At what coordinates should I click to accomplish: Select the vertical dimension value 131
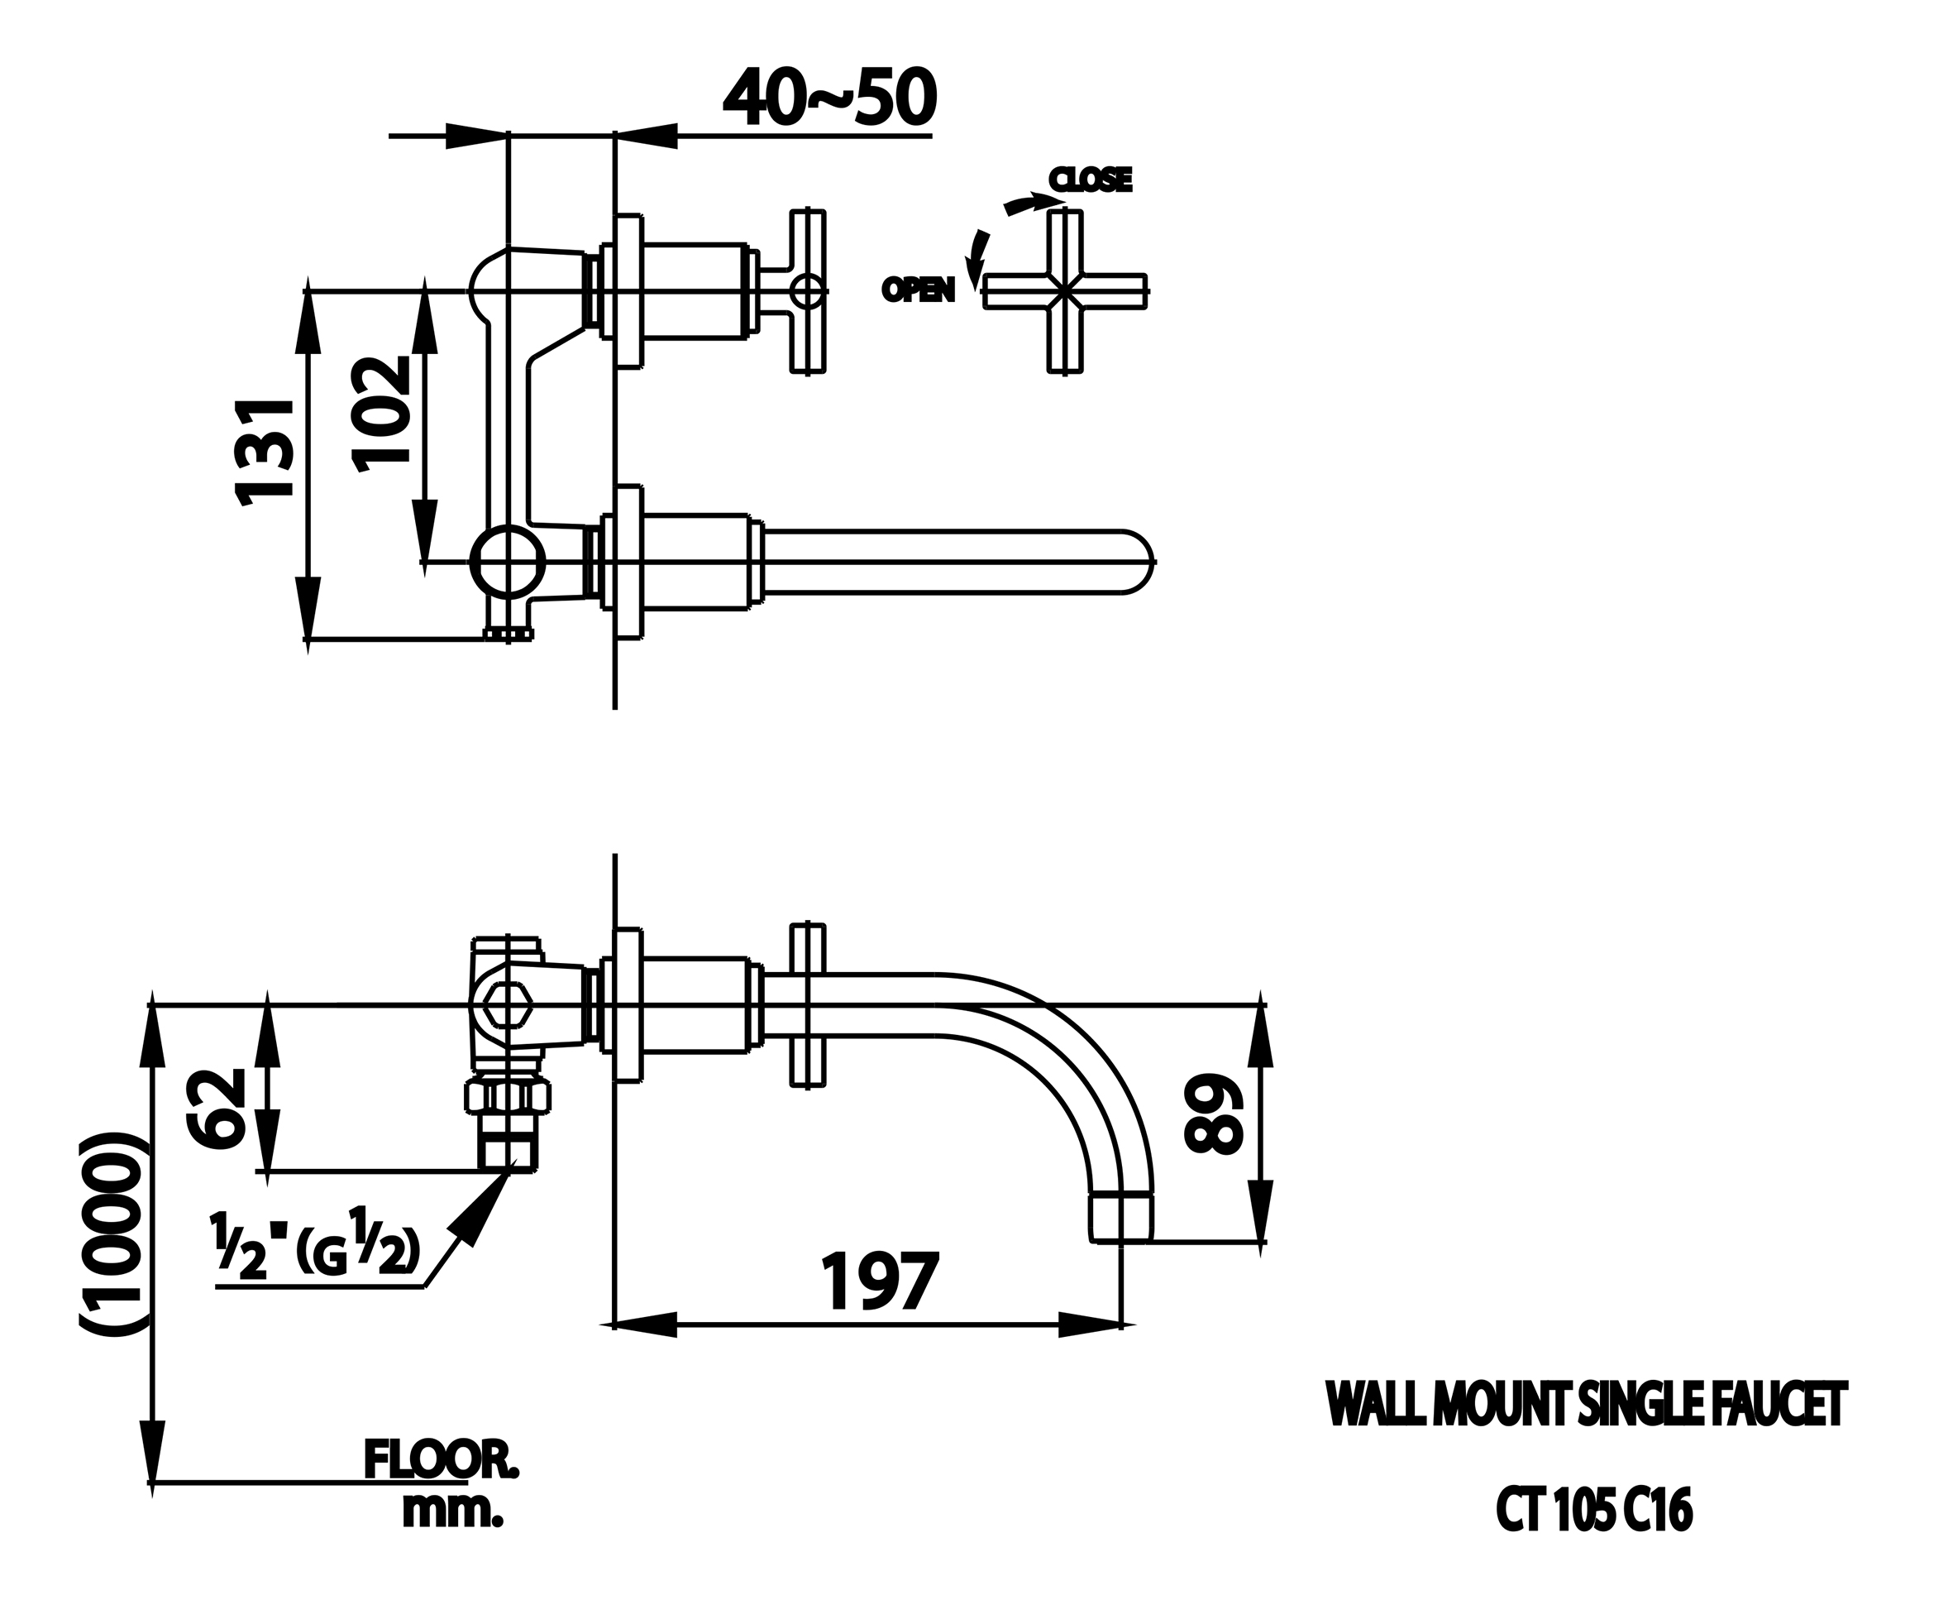pos(265,453)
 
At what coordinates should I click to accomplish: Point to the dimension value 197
pos(880,1281)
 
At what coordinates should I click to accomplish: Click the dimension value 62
pos(217,1109)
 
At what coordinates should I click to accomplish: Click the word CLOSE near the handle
pos(1090,180)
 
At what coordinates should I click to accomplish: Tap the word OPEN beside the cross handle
pos(918,290)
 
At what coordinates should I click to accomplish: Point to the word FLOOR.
pos(441,1461)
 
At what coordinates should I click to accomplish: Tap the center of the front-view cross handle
pos(1065,291)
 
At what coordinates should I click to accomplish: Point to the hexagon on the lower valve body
pos(507,1005)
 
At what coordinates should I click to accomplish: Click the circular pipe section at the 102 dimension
pos(508,561)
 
